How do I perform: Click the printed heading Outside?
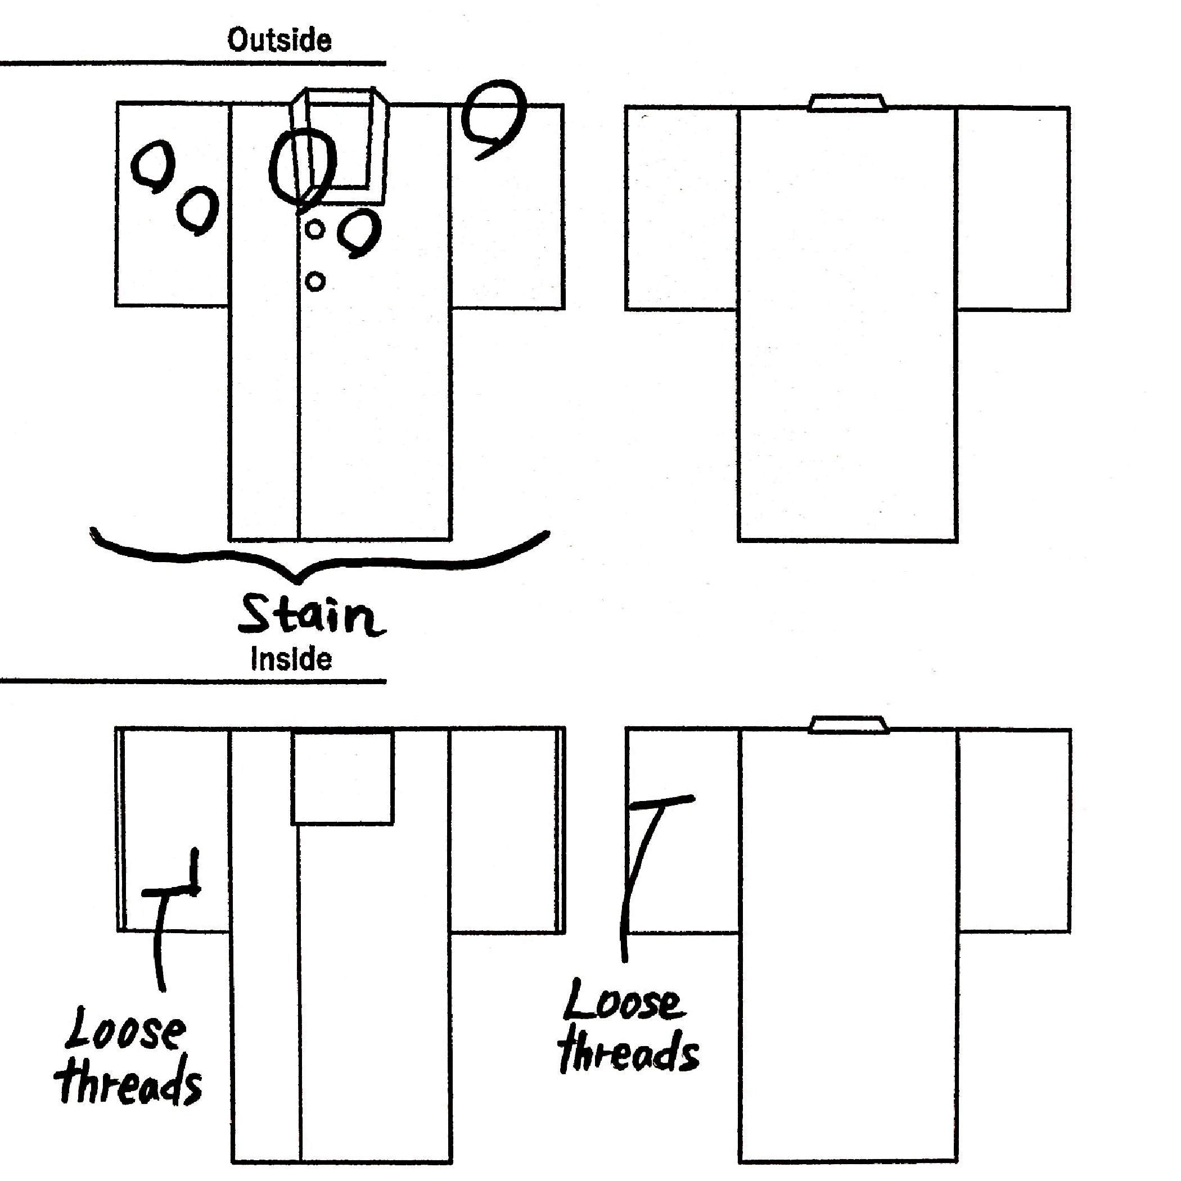tap(280, 40)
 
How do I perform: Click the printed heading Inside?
tap(291, 659)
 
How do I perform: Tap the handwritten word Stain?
tap(310, 616)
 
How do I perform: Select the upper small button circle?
tap(314, 230)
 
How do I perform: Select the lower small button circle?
tap(314, 282)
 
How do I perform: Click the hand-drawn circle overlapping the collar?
tap(302, 166)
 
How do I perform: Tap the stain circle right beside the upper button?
tap(361, 232)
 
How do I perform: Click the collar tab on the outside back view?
tap(848, 103)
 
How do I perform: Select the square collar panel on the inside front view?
tap(342, 778)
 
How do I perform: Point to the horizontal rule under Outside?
tap(193, 63)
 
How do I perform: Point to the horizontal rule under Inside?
tap(193, 681)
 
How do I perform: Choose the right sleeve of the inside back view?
tap(1014, 831)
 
